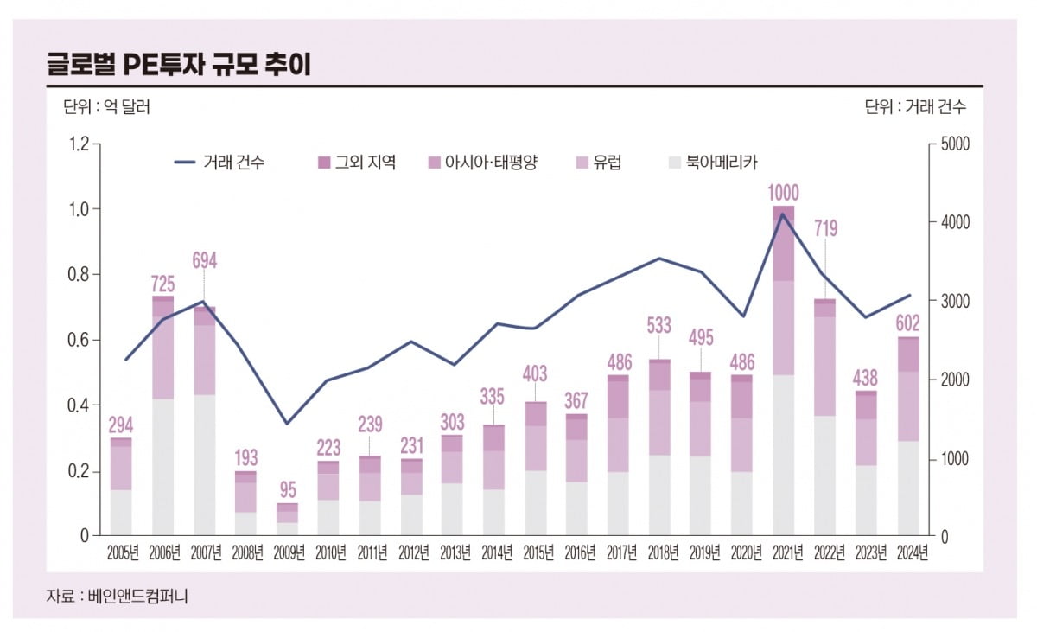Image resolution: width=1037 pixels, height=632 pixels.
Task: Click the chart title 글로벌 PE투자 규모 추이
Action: (178, 64)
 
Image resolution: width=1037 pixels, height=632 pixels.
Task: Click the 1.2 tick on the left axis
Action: (79, 144)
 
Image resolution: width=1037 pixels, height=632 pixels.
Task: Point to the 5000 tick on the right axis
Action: (953, 144)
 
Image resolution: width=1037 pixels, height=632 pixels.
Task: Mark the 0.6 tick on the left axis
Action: (79, 340)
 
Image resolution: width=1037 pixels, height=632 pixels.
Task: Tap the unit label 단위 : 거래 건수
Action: (915, 107)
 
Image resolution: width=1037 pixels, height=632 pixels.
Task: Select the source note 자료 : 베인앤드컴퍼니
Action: (117, 596)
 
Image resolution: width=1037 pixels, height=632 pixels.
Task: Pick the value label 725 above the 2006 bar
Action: (162, 283)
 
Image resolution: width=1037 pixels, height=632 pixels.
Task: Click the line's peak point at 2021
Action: (783, 214)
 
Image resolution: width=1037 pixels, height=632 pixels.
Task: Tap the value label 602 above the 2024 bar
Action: (908, 323)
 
